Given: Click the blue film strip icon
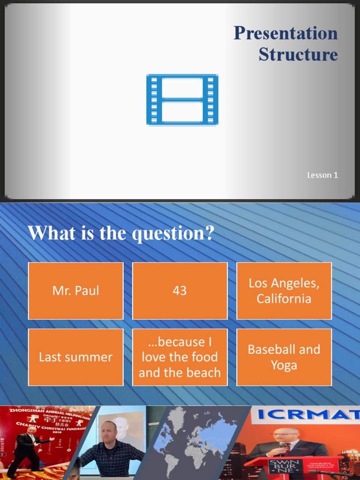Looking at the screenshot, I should pos(182,99).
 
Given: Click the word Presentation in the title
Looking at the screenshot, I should pos(285,33).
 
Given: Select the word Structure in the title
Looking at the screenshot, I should pos(298,54).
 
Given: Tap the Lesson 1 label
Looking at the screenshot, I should pos(322,175).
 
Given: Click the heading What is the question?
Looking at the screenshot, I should pos(121,233).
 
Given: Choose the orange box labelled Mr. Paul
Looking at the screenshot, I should pos(76,291).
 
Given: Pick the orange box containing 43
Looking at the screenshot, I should pos(180,291).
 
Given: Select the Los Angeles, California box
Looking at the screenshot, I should pos(284,291).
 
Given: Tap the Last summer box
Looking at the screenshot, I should pos(76,357).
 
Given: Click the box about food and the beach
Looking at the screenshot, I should pos(180,357).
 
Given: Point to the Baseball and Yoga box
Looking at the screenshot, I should pos(284,357).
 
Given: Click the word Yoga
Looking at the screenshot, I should pos(284,365).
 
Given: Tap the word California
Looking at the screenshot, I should pos(284,299).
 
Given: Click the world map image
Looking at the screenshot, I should pos(197,441).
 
